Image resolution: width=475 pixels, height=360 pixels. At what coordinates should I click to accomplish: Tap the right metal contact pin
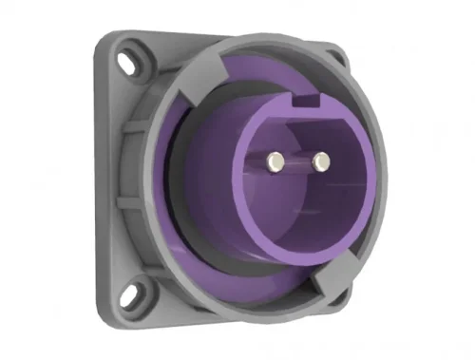click(x=319, y=160)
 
